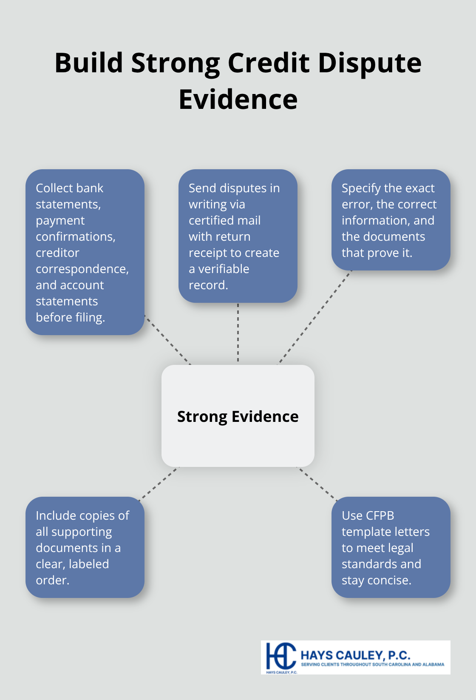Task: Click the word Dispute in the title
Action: pyautogui.click(x=369, y=63)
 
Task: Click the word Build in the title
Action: pyautogui.click(x=89, y=63)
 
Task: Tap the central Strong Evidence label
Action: pyautogui.click(x=238, y=416)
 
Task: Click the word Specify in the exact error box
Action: pyautogui.click(x=360, y=188)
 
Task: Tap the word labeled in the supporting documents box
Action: pyautogui.click(x=89, y=564)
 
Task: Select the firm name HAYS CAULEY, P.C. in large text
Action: pyautogui.click(x=355, y=655)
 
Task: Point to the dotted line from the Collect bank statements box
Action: pyautogui.click(x=167, y=340)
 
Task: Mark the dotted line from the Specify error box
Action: pyautogui.click(x=315, y=317)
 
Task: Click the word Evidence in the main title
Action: pyautogui.click(x=238, y=100)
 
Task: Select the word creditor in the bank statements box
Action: pyautogui.click(x=57, y=253)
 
